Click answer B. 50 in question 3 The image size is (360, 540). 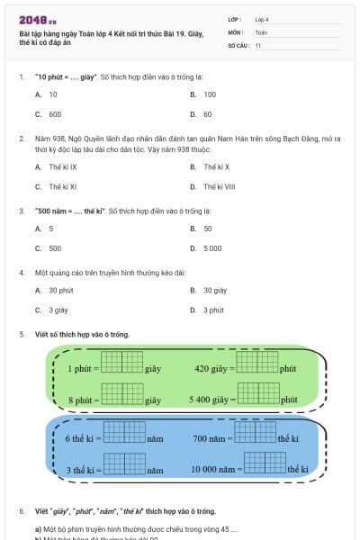202,229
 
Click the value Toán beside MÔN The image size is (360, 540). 261,31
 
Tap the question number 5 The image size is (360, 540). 21,335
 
